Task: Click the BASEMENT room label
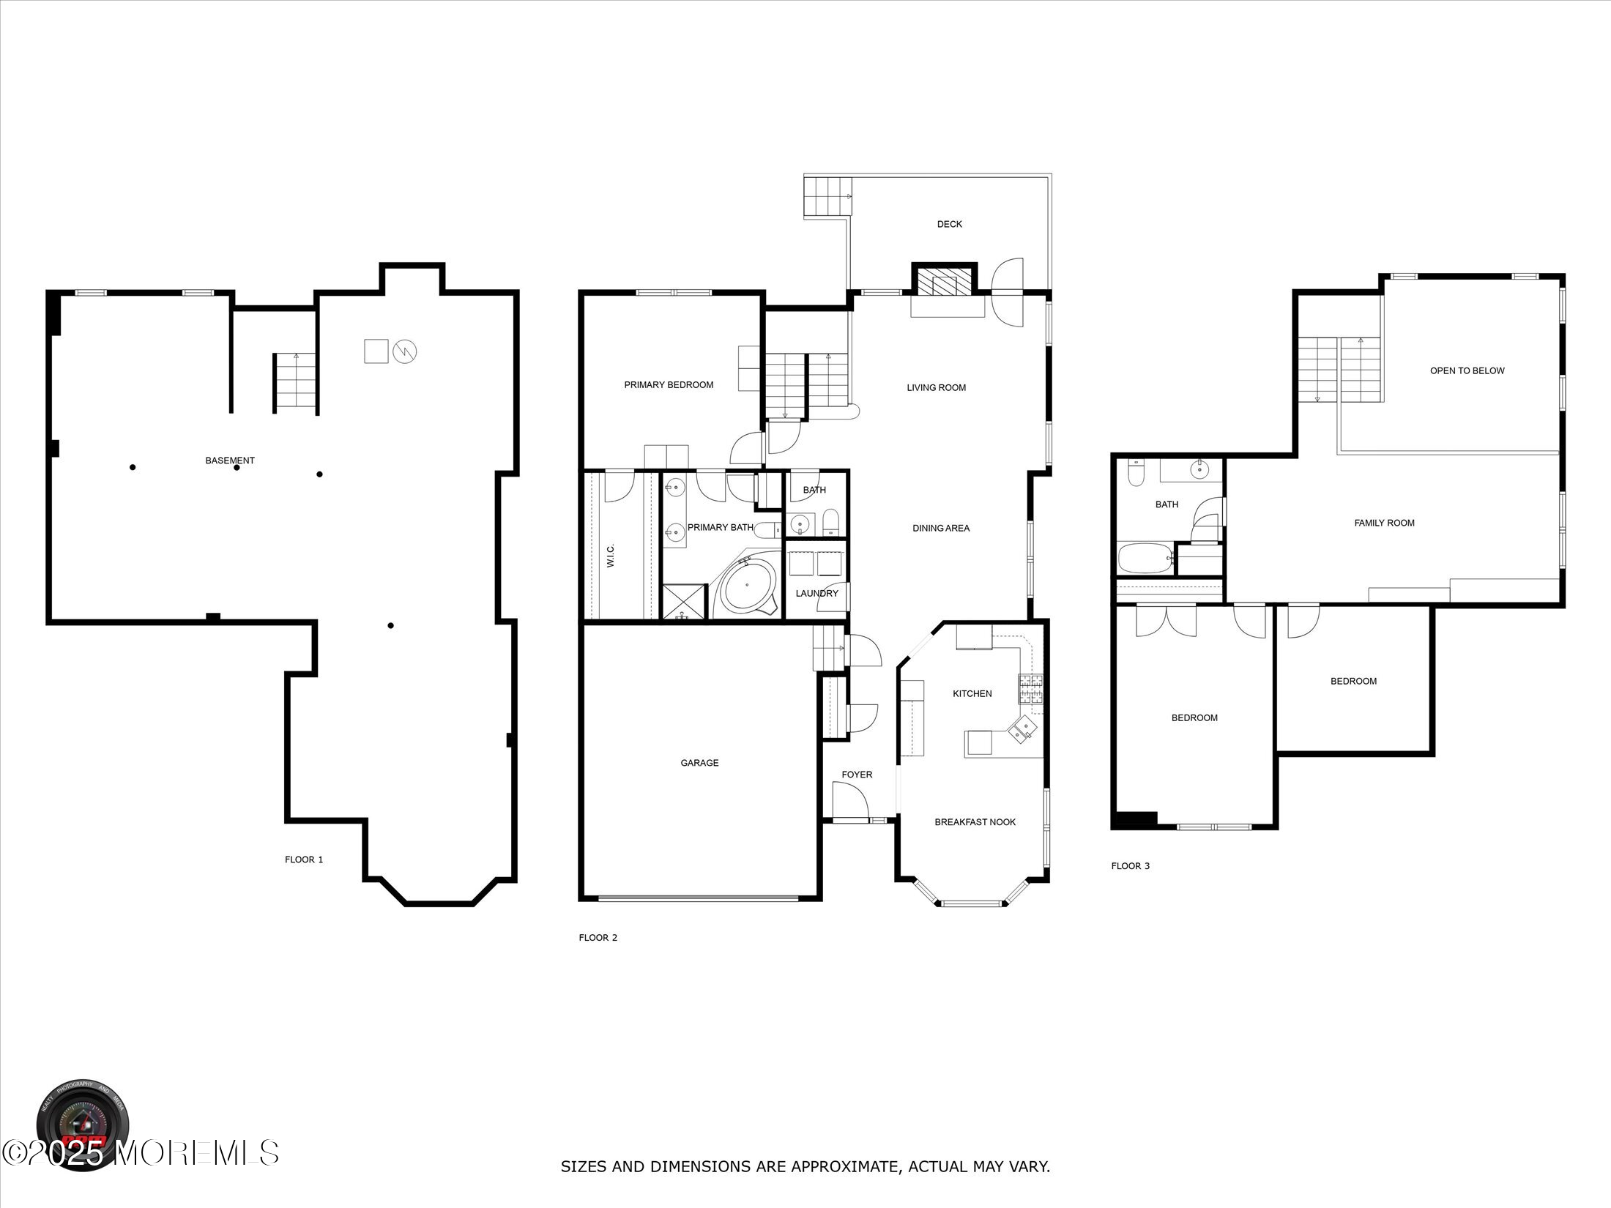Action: tap(230, 461)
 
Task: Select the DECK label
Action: tap(949, 224)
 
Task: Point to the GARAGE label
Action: tap(699, 763)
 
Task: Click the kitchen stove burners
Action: tap(1030, 689)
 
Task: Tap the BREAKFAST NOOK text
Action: tap(975, 822)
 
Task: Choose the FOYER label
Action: tap(857, 775)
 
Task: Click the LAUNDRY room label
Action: tap(816, 593)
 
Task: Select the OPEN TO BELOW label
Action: tap(1467, 370)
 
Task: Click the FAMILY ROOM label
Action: tap(1384, 523)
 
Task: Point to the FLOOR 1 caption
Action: tap(304, 860)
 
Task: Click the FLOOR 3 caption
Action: tap(1130, 866)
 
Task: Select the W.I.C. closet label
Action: tap(611, 555)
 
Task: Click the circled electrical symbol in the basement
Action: tap(405, 351)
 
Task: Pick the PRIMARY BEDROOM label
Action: tap(669, 385)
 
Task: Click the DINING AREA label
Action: tap(941, 528)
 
